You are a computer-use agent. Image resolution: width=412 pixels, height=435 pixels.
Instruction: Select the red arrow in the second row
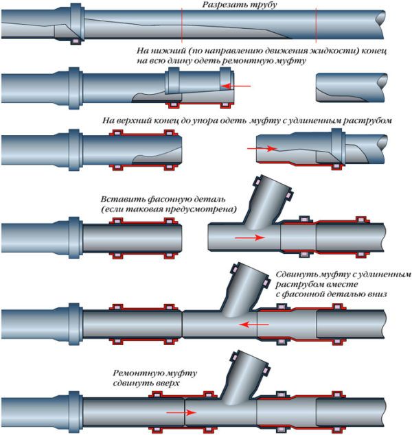pos(238,86)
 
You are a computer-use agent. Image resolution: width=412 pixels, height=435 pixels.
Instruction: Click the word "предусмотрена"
pos(207,209)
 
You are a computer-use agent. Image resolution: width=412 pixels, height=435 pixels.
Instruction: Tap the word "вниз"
pos(375,294)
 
